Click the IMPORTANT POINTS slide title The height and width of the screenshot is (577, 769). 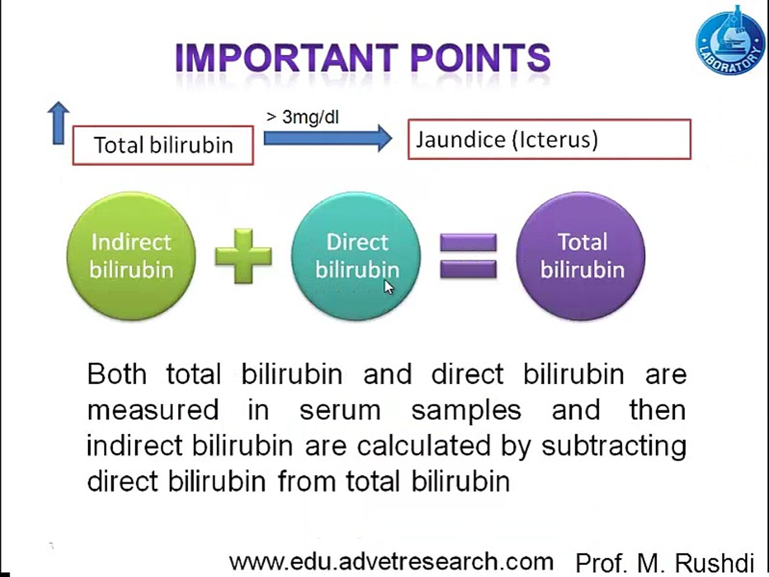pos(363,58)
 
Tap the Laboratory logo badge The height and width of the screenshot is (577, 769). pos(730,42)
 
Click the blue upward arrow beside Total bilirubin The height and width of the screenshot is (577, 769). pos(59,123)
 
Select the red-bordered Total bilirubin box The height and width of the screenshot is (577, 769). pos(163,145)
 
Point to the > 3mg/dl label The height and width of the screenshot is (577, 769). pos(303,116)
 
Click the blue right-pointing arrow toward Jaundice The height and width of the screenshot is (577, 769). pos(327,138)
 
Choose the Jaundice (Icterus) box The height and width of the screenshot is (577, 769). pos(549,139)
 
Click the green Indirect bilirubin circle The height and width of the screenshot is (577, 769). pos(131,256)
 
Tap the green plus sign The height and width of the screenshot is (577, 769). pos(243,256)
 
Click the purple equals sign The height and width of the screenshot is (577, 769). pos(468,256)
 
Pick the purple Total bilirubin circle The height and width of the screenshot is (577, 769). pos(581,256)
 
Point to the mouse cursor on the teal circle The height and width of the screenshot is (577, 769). pos(389,287)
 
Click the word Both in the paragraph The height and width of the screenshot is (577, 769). pos(117,374)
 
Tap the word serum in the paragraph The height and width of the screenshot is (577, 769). pos(340,410)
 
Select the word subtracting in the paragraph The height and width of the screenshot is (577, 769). pos(614,446)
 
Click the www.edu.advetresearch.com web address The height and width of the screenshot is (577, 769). pos(391,562)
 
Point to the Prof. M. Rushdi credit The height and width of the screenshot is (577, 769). pos(665,563)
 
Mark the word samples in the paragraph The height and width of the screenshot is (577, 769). pos(466,410)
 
